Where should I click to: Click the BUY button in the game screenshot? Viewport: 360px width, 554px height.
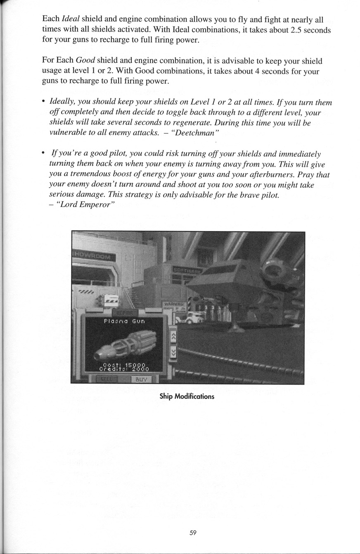[142, 380]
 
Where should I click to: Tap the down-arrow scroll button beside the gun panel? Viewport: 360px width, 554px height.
[173, 352]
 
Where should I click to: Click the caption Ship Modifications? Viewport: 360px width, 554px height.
[187, 397]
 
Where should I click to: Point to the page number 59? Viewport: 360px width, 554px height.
[193, 533]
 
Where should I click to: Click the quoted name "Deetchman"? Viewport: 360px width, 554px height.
[198, 133]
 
